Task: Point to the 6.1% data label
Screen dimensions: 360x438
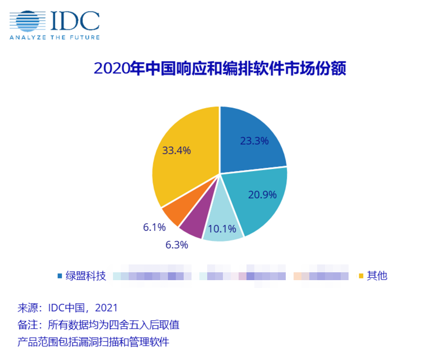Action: tap(154, 227)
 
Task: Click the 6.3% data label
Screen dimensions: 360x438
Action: tap(176, 245)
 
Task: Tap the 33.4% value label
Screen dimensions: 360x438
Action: tap(176, 151)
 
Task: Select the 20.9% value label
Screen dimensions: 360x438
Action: tap(262, 195)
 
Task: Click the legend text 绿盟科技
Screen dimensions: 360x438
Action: tap(86, 276)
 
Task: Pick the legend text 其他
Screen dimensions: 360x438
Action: tap(377, 276)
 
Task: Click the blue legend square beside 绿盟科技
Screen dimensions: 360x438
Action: tap(60, 276)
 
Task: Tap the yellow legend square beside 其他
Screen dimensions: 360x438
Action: tap(361, 276)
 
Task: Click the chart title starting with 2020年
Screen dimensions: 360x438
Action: tap(219, 69)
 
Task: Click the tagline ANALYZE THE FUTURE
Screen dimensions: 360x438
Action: tap(55, 38)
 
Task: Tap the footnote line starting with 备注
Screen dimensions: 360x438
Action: tap(98, 325)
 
